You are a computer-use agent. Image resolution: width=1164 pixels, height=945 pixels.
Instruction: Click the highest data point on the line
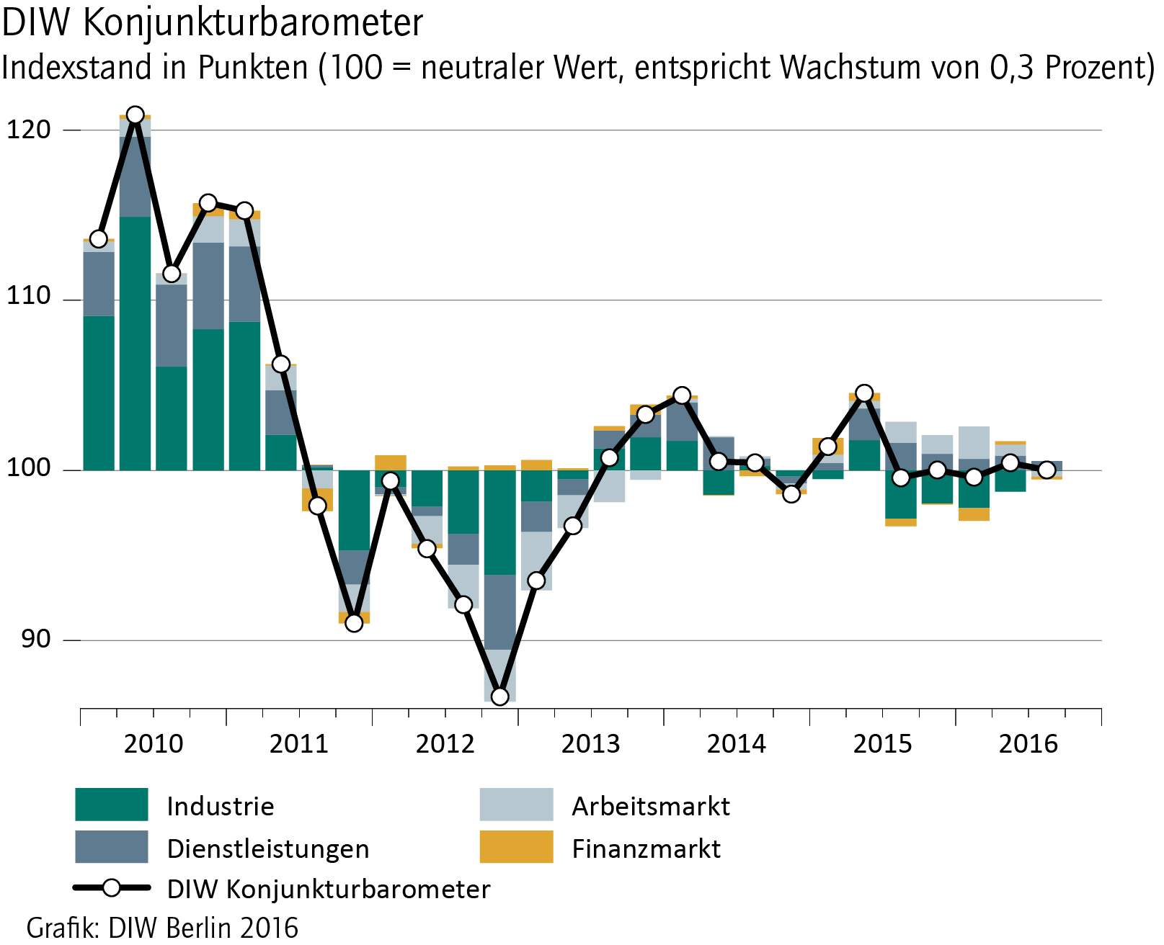point(135,115)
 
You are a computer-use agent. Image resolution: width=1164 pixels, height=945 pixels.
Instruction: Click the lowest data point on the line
point(499,696)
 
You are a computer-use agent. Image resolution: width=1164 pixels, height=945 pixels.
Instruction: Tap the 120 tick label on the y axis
point(29,130)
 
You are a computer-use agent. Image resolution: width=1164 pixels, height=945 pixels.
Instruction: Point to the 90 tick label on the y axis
point(35,639)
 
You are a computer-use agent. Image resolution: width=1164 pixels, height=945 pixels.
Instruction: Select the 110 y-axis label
point(29,296)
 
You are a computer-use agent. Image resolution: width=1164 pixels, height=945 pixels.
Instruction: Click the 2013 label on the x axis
point(590,743)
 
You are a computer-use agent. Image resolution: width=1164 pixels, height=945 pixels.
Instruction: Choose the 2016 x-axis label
point(1028,743)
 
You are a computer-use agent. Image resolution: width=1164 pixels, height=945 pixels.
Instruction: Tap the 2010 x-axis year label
point(154,743)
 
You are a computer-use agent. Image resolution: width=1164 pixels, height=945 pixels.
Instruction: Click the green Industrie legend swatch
point(112,805)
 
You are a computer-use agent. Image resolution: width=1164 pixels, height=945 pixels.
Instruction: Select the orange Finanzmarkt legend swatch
point(516,847)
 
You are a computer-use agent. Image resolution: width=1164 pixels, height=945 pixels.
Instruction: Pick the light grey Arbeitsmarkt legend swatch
point(516,805)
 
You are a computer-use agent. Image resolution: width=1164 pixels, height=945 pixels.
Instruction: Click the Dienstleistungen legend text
point(268,848)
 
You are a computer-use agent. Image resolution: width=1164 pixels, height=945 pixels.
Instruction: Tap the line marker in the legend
point(112,888)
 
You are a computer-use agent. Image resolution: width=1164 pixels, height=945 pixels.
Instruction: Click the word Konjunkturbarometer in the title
point(253,23)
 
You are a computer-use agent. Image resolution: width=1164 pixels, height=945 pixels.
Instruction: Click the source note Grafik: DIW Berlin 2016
point(162,928)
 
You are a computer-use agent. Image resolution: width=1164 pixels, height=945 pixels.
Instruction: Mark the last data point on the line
point(1047,470)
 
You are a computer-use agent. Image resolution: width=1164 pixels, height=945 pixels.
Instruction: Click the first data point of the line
point(99,238)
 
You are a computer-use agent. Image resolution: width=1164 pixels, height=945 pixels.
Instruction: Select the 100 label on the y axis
point(29,468)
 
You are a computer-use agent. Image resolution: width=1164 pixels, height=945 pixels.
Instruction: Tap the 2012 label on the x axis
point(445,743)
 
